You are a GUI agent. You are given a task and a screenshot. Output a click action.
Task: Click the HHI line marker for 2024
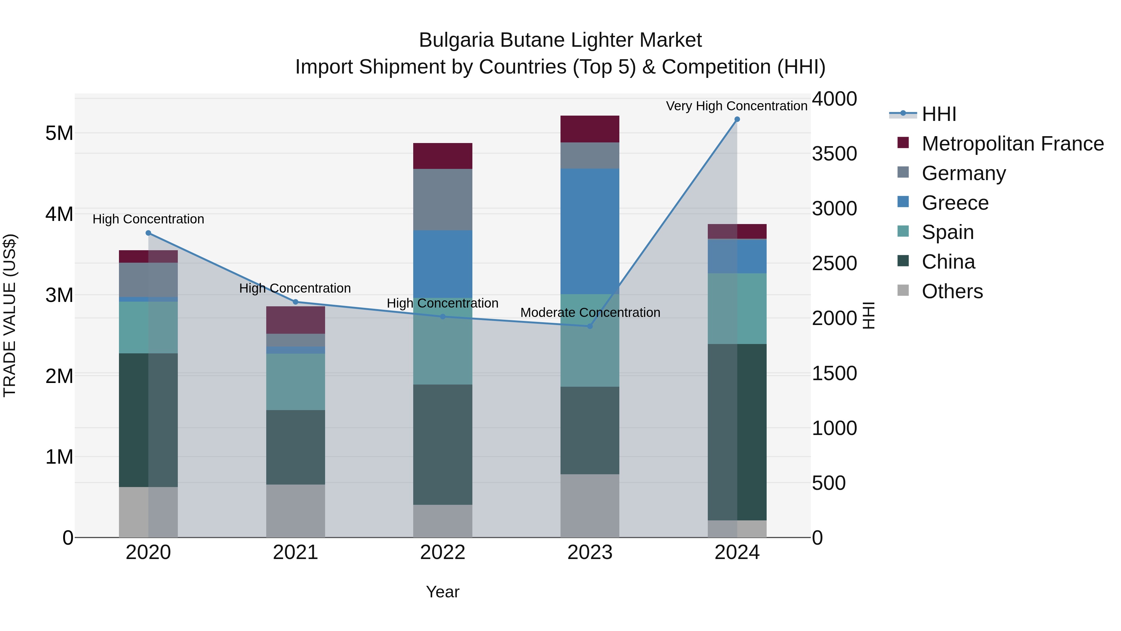pos(737,119)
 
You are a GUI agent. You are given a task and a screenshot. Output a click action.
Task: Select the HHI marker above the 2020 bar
pos(149,233)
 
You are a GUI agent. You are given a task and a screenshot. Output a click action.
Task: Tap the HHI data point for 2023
pos(590,326)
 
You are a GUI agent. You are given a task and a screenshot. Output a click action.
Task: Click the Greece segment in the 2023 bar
pos(590,231)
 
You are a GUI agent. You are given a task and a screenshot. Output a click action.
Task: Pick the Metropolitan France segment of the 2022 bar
pos(442,156)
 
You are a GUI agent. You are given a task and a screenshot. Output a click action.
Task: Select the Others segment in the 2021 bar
pos(296,510)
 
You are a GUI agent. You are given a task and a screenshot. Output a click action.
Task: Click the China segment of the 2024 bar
pos(737,432)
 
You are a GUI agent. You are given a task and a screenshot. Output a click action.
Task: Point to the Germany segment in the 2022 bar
pos(442,199)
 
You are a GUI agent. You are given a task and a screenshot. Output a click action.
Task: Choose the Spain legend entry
pos(947,232)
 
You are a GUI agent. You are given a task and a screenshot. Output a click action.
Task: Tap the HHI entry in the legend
pos(939,114)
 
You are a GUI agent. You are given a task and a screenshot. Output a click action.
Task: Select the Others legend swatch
pos(903,290)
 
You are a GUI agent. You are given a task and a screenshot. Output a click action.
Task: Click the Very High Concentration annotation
pos(736,106)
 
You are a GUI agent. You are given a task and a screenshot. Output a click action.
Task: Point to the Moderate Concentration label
pos(590,312)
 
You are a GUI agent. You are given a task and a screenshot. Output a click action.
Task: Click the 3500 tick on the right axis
pos(834,154)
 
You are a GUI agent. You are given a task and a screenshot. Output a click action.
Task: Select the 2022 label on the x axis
pos(442,552)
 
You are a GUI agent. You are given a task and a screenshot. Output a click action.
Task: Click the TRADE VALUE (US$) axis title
pos(10,315)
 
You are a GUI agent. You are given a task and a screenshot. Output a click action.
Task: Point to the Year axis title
pos(442,592)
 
